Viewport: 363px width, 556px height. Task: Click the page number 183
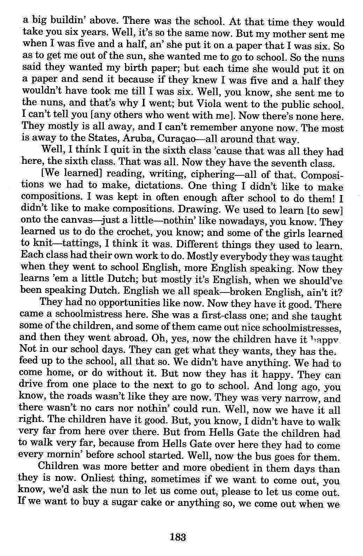(177, 537)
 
